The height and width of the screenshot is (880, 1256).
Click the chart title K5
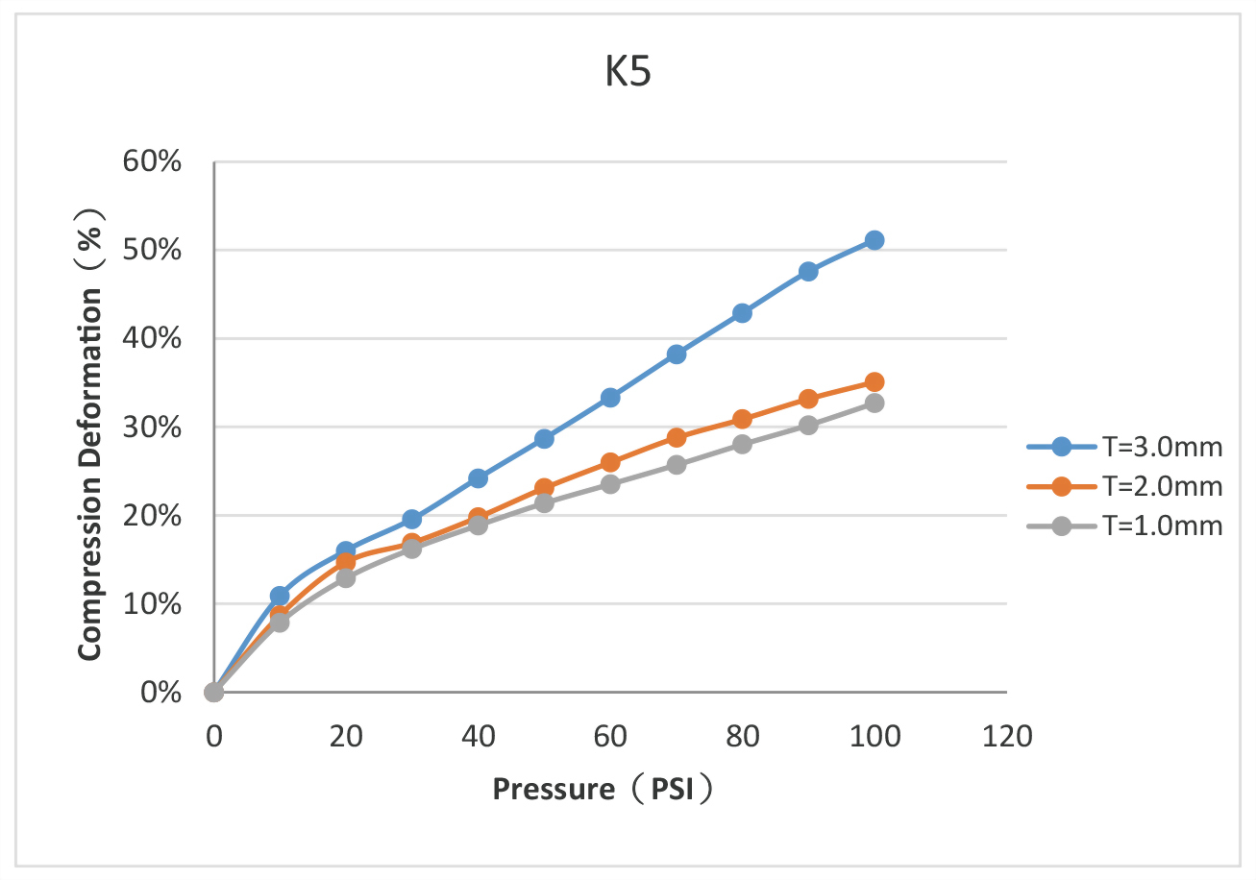tap(628, 75)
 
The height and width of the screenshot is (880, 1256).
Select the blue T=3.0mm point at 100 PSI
tap(874, 240)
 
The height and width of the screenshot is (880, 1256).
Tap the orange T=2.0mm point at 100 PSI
tap(874, 382)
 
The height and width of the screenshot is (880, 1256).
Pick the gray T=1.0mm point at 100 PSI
tap(874, 403)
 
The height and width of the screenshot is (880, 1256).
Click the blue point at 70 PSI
tap(676, 354)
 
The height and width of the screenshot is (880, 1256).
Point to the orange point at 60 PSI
tap(610, 463)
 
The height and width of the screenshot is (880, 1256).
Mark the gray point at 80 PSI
tap(742, 444)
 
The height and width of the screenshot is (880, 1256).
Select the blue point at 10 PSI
tap(280, 596)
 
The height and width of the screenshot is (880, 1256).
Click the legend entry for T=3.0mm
tap(1124, 447)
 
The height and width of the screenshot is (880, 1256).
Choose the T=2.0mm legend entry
tap(1124, 486)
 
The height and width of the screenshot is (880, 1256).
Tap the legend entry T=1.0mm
tap(1124, 526)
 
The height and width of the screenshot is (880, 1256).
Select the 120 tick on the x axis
tap(1006, 738)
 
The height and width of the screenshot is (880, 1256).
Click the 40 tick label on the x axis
tap(478, 738)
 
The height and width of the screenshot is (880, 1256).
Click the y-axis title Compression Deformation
tap(91, 434)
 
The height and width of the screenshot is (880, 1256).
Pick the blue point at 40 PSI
tap(478, 478)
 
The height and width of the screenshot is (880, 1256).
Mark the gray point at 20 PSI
tap(346, 578)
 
